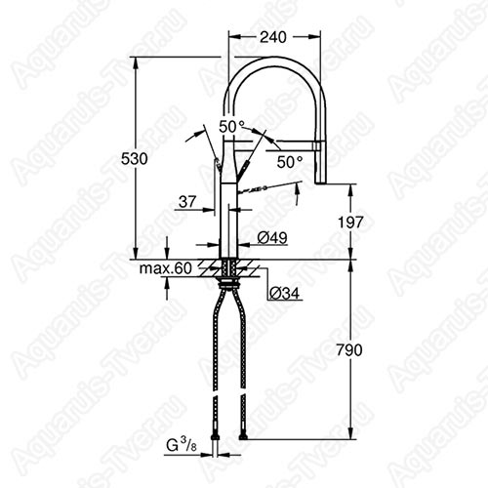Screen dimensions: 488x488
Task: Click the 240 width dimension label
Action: point(273,37)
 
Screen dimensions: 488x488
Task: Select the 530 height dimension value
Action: point(134,159)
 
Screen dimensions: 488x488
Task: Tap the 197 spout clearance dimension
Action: point(350,223)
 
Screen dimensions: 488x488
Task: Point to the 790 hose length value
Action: point(349,350)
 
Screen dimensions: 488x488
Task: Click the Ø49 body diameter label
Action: point(272,238)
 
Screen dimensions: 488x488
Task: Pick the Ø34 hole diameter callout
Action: point(284,294)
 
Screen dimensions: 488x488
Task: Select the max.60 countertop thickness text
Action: point(166,268)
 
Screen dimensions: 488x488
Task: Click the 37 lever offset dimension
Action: point(187,202)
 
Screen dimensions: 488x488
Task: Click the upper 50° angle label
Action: point(231,127)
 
